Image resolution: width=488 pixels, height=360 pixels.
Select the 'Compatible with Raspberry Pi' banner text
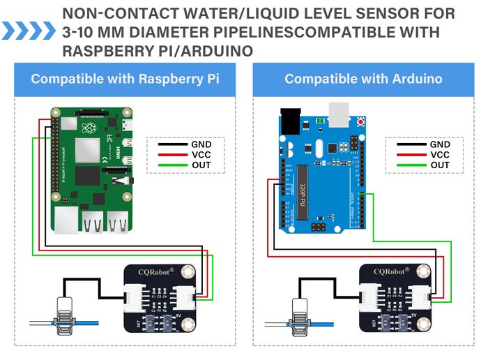125,79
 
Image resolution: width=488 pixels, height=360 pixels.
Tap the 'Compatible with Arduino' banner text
363,79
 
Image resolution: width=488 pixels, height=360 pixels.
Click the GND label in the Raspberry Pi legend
201,144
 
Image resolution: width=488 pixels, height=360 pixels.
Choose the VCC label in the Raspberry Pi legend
201,154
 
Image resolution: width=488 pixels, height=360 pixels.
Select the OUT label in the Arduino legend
440,165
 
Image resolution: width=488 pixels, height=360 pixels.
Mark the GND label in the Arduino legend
440,144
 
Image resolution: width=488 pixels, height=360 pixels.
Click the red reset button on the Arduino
361,123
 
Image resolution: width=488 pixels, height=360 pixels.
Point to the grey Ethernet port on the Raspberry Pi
68,222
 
